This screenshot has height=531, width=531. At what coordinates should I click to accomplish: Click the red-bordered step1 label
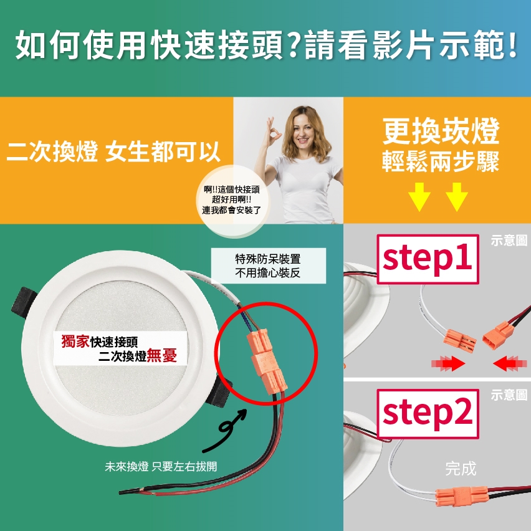point(428,259)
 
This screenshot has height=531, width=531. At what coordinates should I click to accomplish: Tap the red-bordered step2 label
point(428,414)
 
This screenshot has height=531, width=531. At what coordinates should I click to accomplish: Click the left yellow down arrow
point(419,197)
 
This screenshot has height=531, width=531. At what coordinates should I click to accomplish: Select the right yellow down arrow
point(457,197)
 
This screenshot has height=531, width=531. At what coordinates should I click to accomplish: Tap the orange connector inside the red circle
point(267,361)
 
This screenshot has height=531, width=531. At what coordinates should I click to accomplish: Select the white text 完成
point(461,469)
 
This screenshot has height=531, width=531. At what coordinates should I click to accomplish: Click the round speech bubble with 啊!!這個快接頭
point(232,200)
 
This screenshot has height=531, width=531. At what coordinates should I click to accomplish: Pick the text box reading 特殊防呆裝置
point(268,266)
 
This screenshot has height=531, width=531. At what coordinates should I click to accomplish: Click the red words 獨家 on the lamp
point(75,342)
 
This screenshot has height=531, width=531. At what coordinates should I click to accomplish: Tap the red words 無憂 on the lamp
point(162,356)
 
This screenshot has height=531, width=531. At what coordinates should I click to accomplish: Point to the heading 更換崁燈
point(441,132)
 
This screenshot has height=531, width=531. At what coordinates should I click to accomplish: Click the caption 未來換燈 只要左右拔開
point(161,467)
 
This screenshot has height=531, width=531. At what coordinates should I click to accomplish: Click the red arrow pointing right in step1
point(448,364)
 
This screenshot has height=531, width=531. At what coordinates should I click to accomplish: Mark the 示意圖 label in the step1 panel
point(509,241)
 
